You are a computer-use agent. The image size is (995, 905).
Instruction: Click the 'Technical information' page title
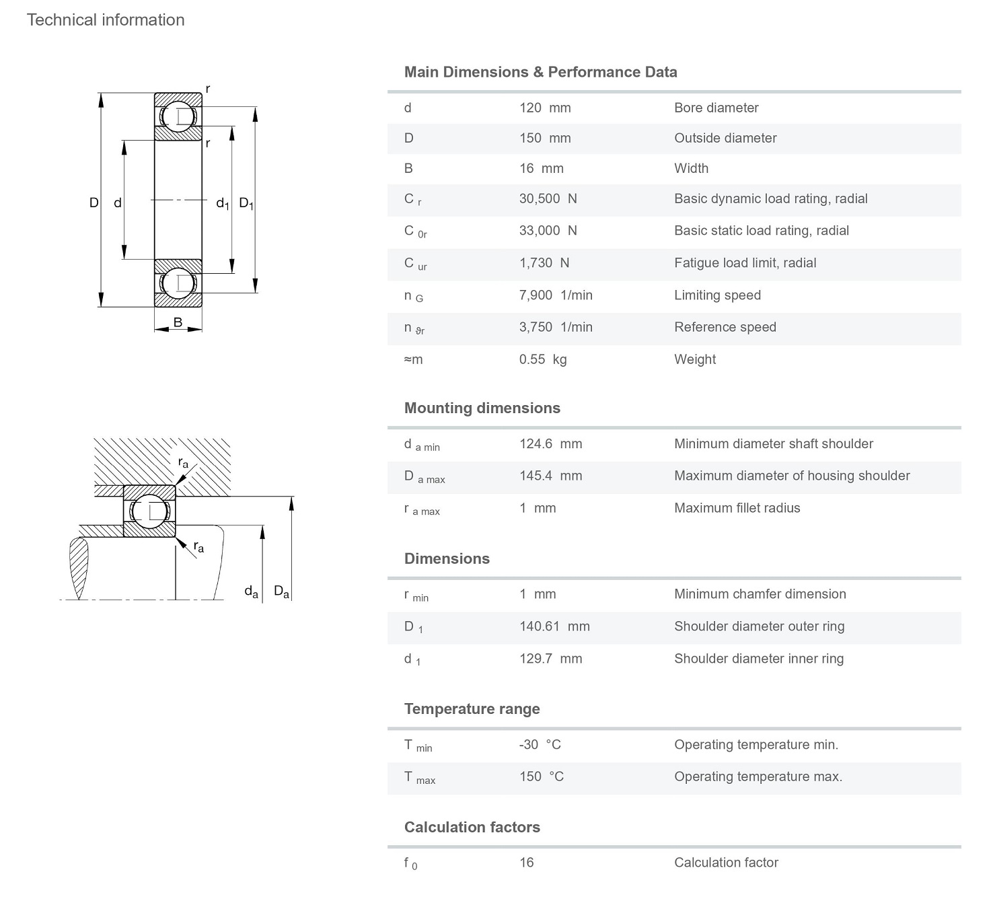click(x=106, y=20)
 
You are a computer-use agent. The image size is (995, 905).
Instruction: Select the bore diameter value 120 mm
click(x=545, y=108)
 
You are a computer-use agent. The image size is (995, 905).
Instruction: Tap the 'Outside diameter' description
click(x=725, y=138)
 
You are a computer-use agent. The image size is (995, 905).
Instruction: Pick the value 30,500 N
click(x=548, y=198)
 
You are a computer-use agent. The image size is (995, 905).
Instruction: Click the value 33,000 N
click(x=548, y=230)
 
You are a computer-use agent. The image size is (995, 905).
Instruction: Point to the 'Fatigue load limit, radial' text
click(x=745, y=263)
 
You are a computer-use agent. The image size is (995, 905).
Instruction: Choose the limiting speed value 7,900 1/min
click(x=556, y=295)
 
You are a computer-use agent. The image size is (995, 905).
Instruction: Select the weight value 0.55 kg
click(x=543, y=359)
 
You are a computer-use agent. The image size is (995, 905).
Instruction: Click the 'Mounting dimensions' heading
click(x=482, y=408)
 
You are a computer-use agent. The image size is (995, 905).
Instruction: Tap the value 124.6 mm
click(x=550, y=443)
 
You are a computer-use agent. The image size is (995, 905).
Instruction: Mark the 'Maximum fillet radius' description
click(x=737, y=508)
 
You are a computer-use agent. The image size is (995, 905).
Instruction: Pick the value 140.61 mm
click(x=554, y=626)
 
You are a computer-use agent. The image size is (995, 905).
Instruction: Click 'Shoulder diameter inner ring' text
click(x=758, y=659)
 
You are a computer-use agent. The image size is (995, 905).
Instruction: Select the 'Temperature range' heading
click(x=472, y=709)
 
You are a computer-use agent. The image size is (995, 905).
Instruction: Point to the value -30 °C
click(x=540, y=744)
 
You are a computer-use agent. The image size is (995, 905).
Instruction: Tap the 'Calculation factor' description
click(x=726, y=863)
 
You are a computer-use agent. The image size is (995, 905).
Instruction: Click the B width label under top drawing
click(x=178, y=322)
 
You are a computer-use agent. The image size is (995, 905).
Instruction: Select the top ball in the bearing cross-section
click(x=178, y=116)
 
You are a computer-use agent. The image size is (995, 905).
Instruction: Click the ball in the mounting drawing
click(x=150, y=511)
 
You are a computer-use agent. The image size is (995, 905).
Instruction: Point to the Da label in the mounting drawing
click(x=281, y=592)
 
